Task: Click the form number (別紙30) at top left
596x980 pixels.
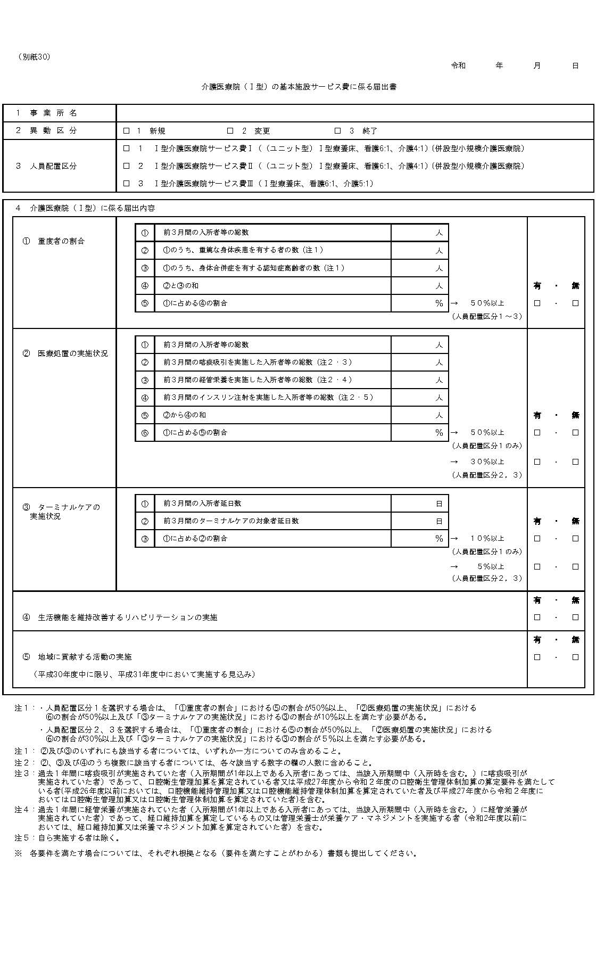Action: pyautogui.click(x=34, y=57)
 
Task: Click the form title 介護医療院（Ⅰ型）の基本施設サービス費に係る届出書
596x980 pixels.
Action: pyautogui.click(x=299, y=87)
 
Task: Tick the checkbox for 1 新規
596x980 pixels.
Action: pyautogui.click(x=127, y=131)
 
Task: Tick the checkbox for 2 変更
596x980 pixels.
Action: pyautogui.click(x=230, y=131)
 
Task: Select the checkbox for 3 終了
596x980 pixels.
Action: pyautogui.click(x=337, y=131)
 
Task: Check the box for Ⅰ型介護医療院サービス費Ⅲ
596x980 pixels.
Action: pyautogui.click(x=127, y=184)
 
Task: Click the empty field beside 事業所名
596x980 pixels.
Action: pyautogui.click(x=354, y=113)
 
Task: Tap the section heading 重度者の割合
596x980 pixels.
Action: pyautogui.click(x=61, y=241)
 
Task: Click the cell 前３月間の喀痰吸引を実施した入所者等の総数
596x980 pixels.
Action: pyautogui.click(x=258, y=363)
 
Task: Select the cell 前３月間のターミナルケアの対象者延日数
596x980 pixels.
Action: pyautogui.click(x=231, y=521)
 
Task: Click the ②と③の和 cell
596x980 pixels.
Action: pyautogui.click(x=181, y=286)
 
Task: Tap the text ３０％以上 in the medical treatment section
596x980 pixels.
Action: pyautogui.click(x=487, y=462)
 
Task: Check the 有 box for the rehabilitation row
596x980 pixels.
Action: pyautogui.click(x=537, y=617)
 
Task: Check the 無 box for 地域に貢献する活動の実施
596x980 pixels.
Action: pyautogui.click(x=575, y=657)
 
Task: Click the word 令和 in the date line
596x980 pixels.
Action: pyautogui.click(x=458, y=65)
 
